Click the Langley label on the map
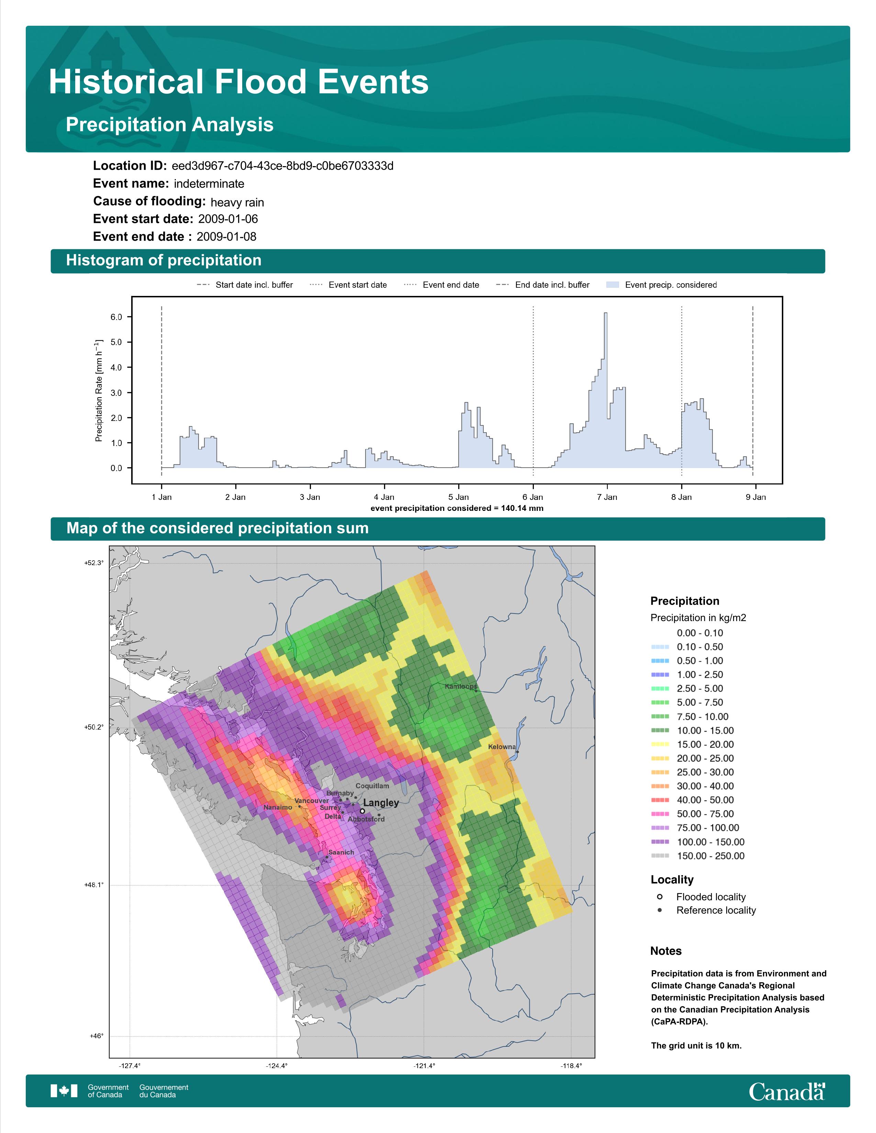pyautogui.click(x=381, y=803)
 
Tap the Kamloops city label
pyautogui.click(x=460, y=686)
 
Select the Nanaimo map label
pyautogui.click(x=278, y=807)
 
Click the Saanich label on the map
pyautogui.click(x=341, y=852)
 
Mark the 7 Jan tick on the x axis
pyautogui.click(x=607, y=497)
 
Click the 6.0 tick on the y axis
pyautogui.click(x=116, y=317)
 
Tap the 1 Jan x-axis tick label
pyautogui.click(x=161, y=497)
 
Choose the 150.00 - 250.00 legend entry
pyautogui.click(x=710, y=856)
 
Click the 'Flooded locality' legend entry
pyautogui.click(x=710, y=897)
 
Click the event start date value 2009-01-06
pyautogui.click(x=228, y=219)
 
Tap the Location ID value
pyautogui.click(x=282, y=166)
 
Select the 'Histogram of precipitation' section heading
pyautogui.click(x=164, y=261)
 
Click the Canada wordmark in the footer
pyautogui.click(x=786, y=1091)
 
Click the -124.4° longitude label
pyautogui.click(x=277, y=1066)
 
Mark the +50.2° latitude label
pyautogui.click(x=94, y=727)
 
